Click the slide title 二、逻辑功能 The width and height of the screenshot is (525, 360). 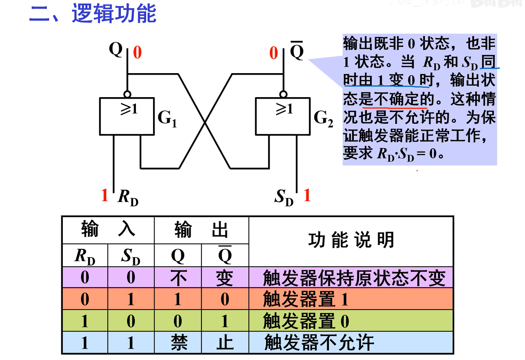pos(93,14)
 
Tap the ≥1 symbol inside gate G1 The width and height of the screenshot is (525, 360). pos(129,109)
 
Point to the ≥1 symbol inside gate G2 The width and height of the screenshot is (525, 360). pos(284,109)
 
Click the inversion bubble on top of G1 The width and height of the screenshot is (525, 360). pos(128,94)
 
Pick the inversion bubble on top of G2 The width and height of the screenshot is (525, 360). pos(283,94)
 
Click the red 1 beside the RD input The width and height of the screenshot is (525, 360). pos(105,195)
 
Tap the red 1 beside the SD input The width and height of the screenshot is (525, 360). pos(307,195)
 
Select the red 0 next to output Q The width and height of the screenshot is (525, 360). pos(137,53)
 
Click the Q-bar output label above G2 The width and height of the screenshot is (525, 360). pos(297,51)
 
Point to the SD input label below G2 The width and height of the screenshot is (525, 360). pos(284,197)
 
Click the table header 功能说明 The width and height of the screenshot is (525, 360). pos(351,240)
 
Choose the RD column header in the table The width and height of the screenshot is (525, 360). pos(85,256)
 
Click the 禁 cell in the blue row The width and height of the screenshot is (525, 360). pos(178,342)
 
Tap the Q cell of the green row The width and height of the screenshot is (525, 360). pos(178,321)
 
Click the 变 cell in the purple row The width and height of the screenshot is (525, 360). pos(225,278)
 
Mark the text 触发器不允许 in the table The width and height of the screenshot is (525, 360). pos(319,342)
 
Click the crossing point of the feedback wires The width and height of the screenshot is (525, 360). pos(205,122)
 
